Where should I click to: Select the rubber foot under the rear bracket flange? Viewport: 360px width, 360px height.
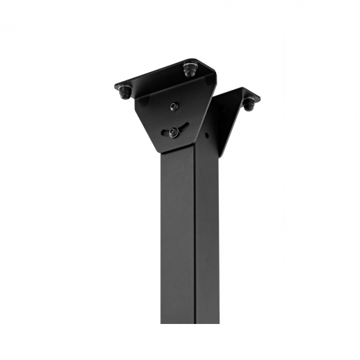pyautogui.click(x=248, y=105)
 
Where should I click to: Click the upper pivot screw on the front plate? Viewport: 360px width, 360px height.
pyautogui.click(x=174, y=106)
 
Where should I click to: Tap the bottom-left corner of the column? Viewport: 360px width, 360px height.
pyautogui.click(x=161, y=323)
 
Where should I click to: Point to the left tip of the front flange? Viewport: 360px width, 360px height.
pyautogui.click(x=115, y=87)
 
